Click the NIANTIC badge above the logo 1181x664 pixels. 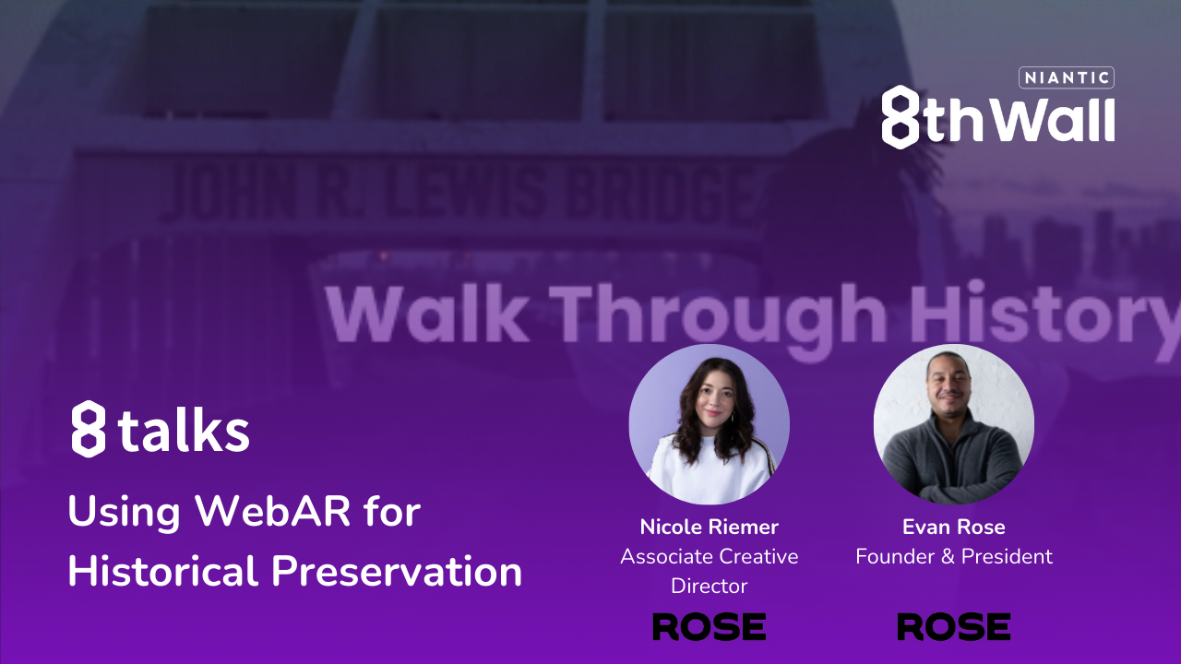[x=1066, y=78]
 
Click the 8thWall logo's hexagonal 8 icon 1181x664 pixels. [x=900, y=117]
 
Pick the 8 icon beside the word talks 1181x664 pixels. [x=89, y=429]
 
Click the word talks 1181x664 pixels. [x=185, y=430]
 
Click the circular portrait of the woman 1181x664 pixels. [x=709, y=424]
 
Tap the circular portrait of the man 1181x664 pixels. [x=953, y=424]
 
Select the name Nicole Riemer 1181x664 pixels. [x=709, y=528]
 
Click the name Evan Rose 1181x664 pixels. [x=953, y=528]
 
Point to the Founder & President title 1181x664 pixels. [x=953, y=557]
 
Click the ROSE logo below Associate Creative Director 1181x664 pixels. [x=709, y=627]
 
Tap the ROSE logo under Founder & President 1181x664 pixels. [x=953, y=627]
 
